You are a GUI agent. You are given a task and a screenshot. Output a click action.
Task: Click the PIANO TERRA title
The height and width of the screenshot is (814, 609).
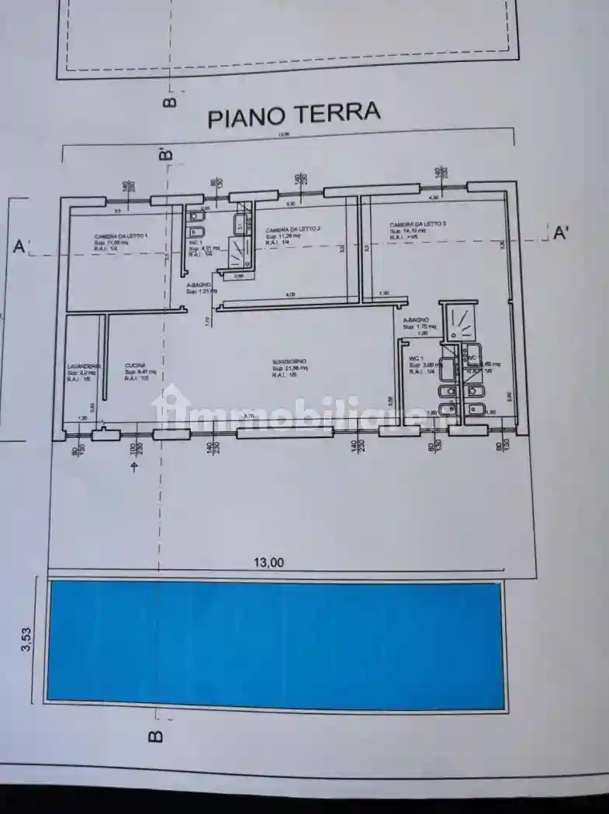tap(293, 115)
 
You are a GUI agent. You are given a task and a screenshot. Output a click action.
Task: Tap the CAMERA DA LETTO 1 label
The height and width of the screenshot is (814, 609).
tap(121, 236)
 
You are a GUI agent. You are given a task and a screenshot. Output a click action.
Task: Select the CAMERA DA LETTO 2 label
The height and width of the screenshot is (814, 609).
tap(292, 230)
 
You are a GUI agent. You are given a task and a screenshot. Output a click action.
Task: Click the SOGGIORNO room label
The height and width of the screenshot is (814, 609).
tap(289, 362)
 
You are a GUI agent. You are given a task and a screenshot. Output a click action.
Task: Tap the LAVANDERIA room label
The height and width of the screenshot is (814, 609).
tap(83, 366)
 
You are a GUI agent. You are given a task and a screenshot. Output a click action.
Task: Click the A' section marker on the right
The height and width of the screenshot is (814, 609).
tap(561, 233)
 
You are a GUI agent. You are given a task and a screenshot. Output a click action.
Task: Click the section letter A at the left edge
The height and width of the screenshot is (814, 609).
tap(19, 247)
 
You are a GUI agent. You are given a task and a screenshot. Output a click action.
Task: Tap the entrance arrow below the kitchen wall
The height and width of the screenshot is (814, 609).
tap(135, 466)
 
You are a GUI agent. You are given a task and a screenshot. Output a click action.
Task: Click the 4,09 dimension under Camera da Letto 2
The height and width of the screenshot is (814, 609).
tap(290, 295)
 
